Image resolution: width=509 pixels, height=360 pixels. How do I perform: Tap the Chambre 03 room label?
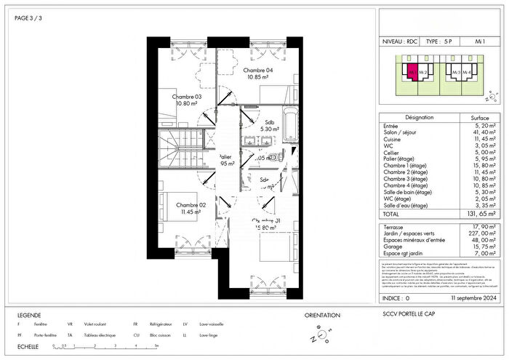pyautogui.click(x=186, y=100)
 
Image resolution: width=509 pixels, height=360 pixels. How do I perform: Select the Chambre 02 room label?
pyautogui.click(x=191, y=209)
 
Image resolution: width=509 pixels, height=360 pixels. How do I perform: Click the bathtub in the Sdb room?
pyautogui.click(x=289, y=124)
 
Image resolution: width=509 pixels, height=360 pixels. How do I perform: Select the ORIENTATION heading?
pyautogui.click(x=321, y=315)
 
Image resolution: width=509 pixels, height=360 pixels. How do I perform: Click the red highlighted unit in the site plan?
pyautogui.click(x=412, y=73)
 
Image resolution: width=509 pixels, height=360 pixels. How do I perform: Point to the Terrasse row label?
pyautogui.click(x=394, y=227)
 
